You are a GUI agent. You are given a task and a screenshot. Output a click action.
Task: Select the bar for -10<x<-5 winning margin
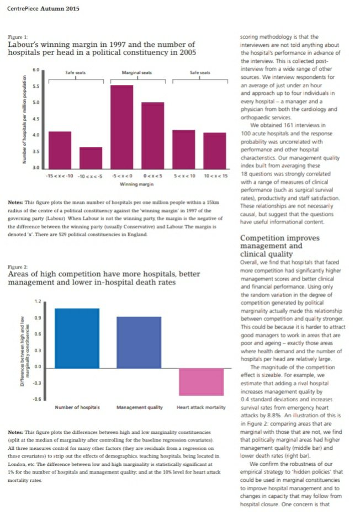91,157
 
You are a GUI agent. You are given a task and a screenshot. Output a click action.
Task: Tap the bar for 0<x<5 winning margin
152,135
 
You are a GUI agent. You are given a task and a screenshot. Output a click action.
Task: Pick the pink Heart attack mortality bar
201,381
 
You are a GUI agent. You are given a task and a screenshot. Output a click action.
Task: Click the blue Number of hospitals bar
77,338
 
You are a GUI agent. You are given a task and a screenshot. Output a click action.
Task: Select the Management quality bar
139,342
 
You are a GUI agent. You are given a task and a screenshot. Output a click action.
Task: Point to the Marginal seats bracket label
137,73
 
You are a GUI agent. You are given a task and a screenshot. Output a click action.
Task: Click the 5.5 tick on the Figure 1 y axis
36,87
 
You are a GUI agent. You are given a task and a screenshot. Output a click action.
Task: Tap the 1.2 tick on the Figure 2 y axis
38,301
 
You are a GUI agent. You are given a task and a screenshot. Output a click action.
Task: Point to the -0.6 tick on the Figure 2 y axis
36,399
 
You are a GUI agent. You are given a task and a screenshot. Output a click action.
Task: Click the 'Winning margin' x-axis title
136,184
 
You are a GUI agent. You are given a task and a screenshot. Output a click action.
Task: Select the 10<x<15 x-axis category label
215,176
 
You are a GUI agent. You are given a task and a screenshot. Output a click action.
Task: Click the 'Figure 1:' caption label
15,36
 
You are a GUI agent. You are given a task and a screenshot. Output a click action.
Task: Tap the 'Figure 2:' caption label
15,267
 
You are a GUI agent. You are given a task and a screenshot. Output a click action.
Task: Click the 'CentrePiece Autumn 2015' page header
44,9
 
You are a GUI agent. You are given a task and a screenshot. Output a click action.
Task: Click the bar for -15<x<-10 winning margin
60,150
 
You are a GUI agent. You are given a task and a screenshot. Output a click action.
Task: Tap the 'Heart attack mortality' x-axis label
201,407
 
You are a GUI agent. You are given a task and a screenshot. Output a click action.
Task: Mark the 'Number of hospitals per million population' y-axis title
24,119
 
